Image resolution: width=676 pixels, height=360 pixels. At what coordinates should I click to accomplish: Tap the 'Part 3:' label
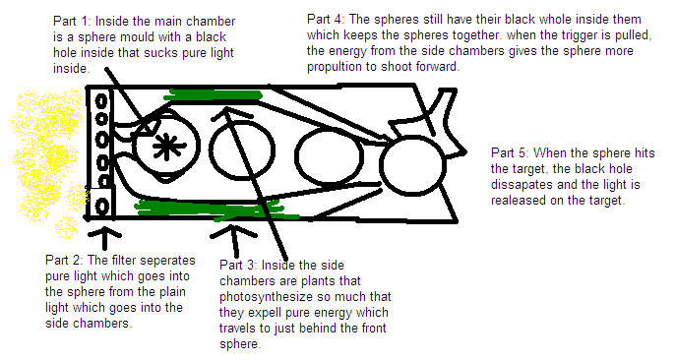point(239,265)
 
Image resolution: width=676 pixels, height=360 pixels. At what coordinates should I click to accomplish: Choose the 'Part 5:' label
point(510,154)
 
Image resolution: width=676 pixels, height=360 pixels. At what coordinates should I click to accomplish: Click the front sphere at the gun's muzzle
point(411,161)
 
